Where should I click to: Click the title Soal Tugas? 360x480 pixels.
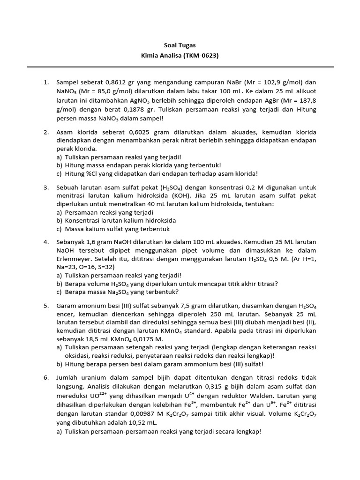(180, 45)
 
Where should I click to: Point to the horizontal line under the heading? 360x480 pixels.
(180, 67)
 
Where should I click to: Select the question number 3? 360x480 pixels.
(46, 187)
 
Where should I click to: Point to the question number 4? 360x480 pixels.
(46, 242)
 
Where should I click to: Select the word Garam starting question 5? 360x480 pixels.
(66, 306)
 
